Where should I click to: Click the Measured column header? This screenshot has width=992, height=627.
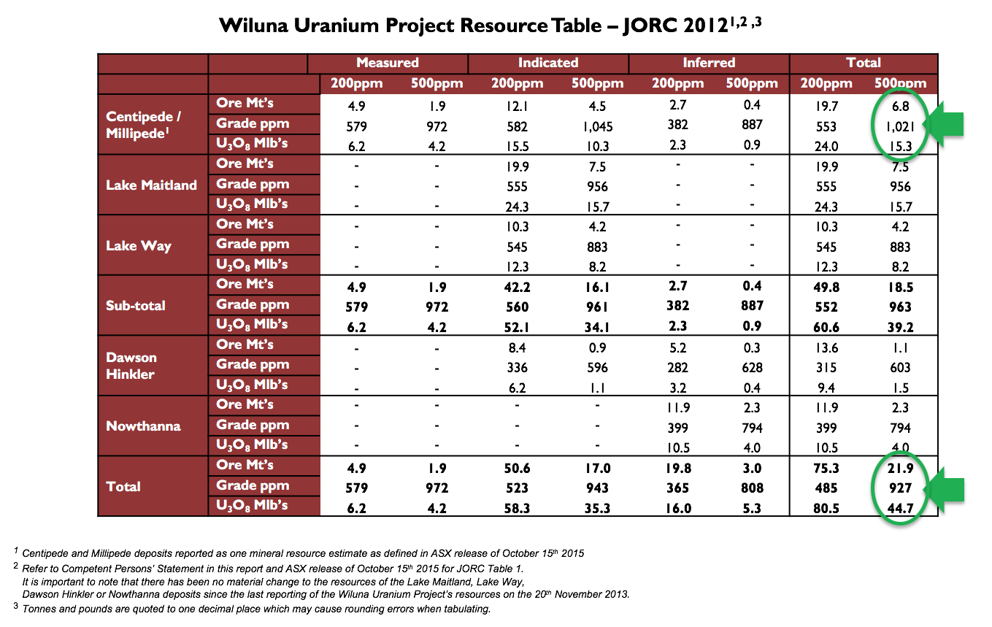(387, 63)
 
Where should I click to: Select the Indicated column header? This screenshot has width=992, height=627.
(547, 63)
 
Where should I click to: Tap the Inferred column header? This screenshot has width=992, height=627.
(708, 63)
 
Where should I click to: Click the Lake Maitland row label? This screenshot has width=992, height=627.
(151, 185)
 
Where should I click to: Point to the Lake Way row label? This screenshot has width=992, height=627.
(139, 245)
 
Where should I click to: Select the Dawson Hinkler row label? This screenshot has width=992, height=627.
(131, 366)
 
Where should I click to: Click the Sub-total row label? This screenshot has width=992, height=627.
(136, 305)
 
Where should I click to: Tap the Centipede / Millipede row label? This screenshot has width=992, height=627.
(144, 124)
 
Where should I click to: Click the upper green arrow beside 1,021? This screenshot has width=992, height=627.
(947, 124)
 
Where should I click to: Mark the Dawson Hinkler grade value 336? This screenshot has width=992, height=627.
(517, 367)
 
